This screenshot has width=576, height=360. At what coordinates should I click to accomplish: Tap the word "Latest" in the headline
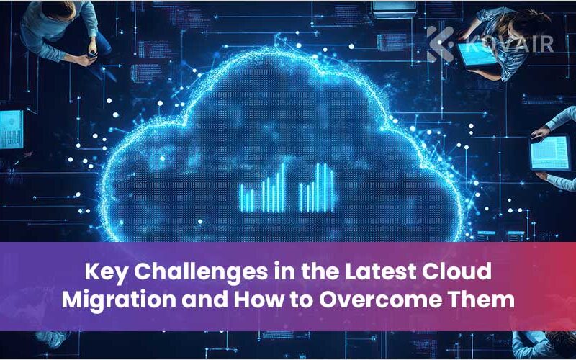(380, 271)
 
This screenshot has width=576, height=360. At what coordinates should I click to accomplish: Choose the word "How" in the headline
(258, 300)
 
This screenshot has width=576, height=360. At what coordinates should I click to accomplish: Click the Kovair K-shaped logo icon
(441, 44)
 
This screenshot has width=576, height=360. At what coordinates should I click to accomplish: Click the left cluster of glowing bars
(262, 188)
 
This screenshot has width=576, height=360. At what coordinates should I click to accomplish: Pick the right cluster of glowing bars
(316, 188)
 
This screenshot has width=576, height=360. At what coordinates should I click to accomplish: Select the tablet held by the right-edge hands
(550, 153)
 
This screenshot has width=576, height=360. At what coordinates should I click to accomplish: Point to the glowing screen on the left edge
(12, 130)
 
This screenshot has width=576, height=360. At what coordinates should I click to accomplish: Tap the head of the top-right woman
(534, 23)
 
